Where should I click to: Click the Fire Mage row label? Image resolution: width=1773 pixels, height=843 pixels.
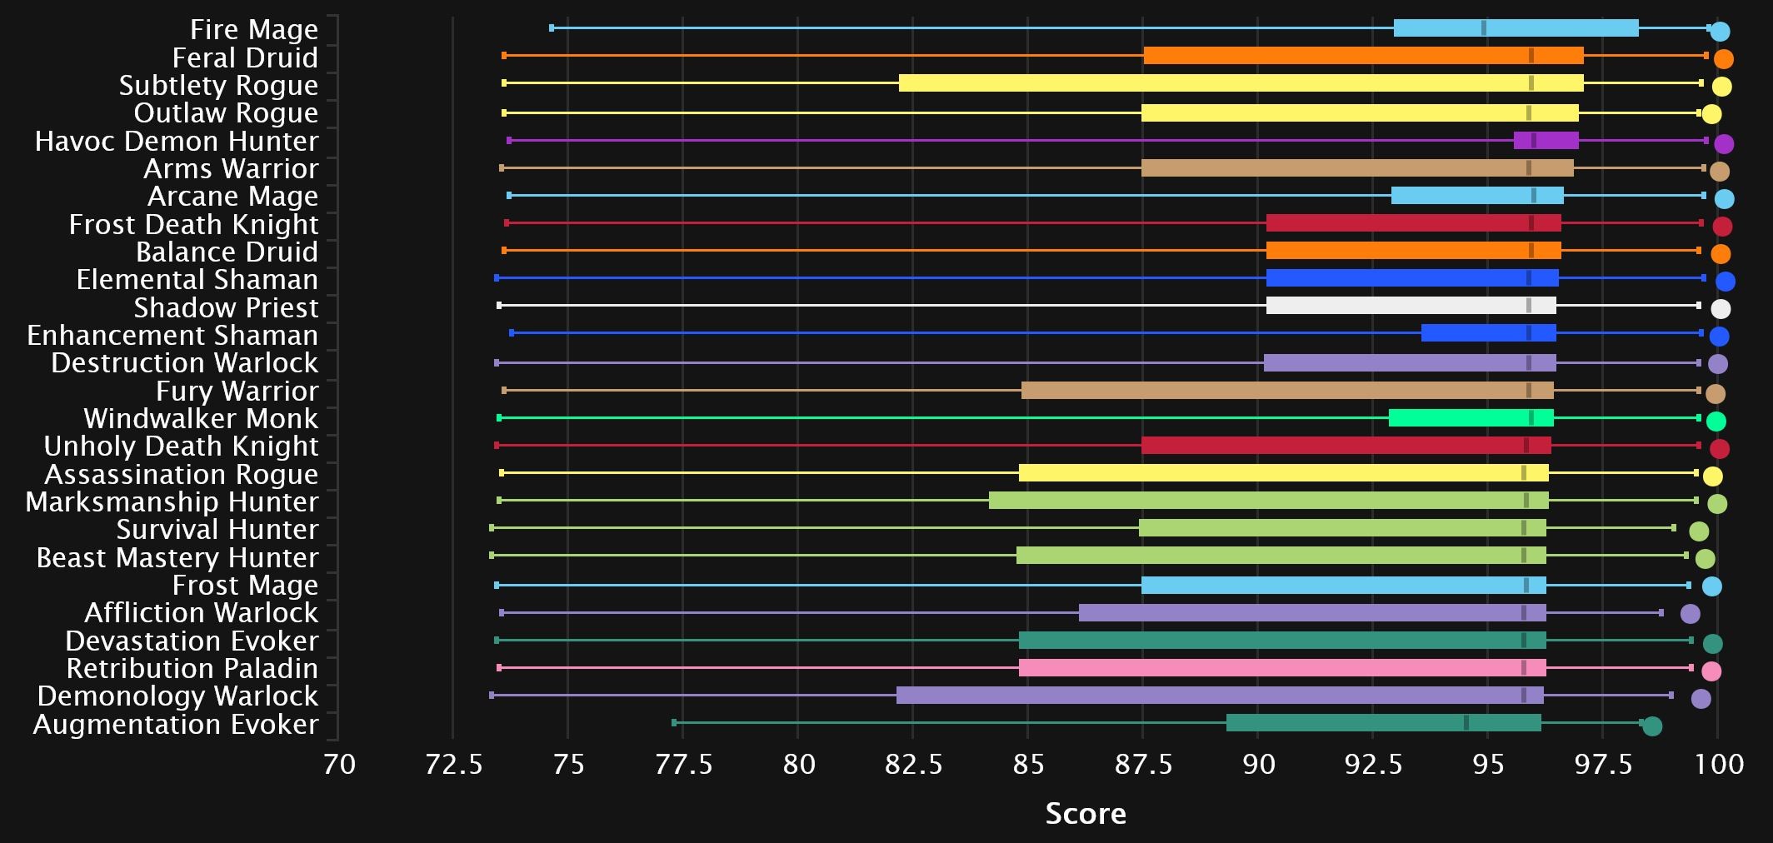[253, 30]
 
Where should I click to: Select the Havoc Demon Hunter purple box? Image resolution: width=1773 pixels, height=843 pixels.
[1546, 141]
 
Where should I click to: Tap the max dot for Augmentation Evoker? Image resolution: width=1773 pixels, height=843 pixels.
[1652, 726]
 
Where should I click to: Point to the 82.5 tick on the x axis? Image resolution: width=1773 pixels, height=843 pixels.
[913, 764]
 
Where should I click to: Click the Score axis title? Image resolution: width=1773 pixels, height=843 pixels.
[1086, 814]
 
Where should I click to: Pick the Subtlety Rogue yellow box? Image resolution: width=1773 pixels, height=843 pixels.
[1241, 83]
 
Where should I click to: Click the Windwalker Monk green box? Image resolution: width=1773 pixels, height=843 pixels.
[1471, 418]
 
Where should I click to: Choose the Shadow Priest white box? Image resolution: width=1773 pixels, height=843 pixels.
[1411, 306]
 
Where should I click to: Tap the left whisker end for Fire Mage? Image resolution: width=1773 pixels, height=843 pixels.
[552, 28]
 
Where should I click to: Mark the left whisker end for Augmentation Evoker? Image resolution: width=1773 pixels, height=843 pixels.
[674, 723]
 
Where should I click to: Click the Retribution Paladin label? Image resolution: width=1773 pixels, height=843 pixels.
[192, 669]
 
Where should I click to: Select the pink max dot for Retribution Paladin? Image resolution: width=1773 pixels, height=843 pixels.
[1711, 671]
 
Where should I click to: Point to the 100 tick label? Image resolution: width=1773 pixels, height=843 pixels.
[1720, 764]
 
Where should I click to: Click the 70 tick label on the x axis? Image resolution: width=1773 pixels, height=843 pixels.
[339, 764]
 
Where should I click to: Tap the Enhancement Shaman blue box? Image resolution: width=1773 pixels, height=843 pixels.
[1488, 333]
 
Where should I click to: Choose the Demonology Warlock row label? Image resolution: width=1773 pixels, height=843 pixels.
[177, 696]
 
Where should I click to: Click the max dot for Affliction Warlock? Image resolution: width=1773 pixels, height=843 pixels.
[1690, 615]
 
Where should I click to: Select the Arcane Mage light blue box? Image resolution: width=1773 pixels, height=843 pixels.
[1477, 196]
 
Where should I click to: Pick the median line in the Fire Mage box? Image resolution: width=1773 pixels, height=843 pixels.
[1483, 28]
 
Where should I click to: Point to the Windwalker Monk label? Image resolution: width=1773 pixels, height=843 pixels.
[201, 419]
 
